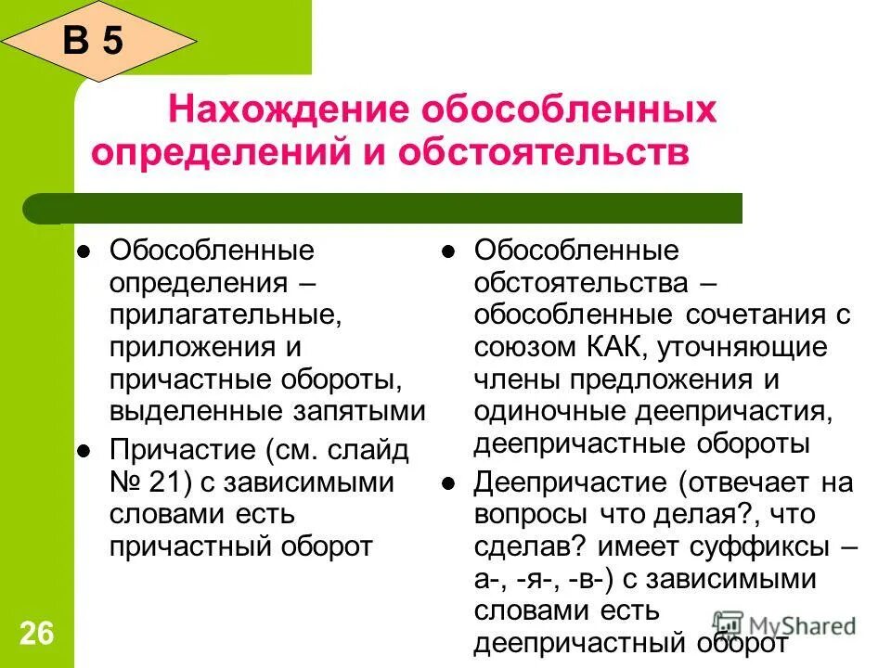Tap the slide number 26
36,635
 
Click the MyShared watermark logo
784,624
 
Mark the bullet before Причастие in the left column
83,451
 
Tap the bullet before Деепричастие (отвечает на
447,483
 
